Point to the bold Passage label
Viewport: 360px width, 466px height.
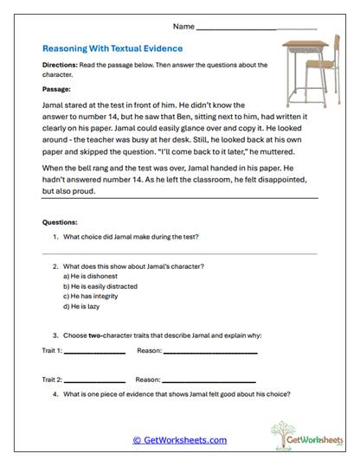click(x=56, y=88)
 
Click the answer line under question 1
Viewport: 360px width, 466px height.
click(x=179, y=252)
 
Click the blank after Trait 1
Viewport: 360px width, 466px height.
click(x=95, y=353)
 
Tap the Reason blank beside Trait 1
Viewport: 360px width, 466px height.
click(x=210, y=353)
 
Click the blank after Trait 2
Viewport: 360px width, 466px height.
click(x=95, y=381)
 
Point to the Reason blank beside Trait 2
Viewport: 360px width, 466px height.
click(x=209, y=381)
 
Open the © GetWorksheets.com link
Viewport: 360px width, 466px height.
click(x=179, y=440)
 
